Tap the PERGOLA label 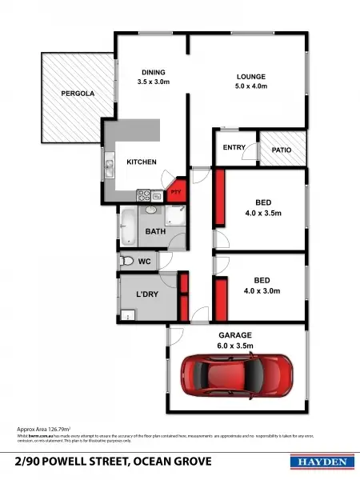(78, 94)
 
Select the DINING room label (154, 72)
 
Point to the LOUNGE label (250, 77)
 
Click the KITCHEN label (142, 162)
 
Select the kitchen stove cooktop (145, 194)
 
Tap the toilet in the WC (126, 261)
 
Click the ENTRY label (234, 147)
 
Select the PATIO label (281, 150)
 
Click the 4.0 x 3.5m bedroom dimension (262, 214)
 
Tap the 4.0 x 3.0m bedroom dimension (262, 291)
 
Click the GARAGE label (235, 334)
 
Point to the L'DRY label (146, 295)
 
